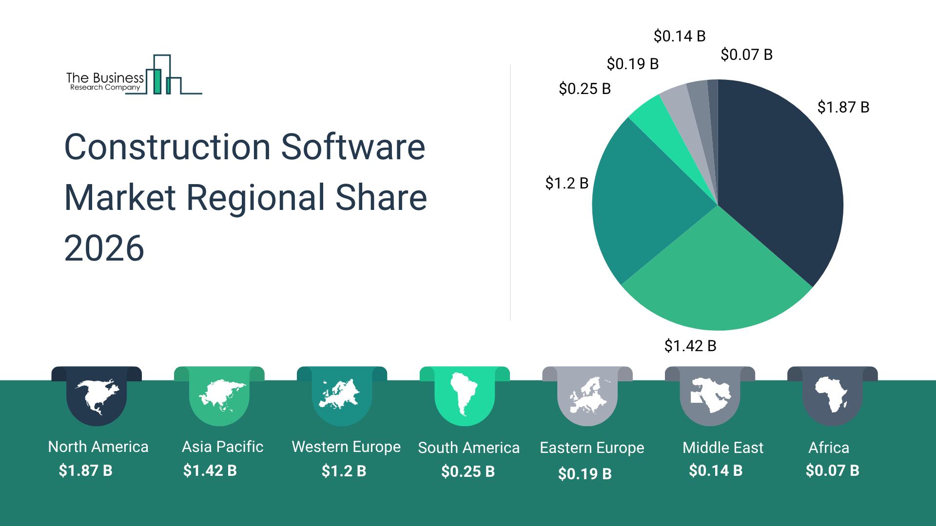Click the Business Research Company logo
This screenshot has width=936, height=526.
click(134, 75)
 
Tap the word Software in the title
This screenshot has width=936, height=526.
click(353, 147)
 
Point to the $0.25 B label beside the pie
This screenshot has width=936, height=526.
click(585, 89)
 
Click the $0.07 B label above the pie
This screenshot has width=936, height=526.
click(746, 55)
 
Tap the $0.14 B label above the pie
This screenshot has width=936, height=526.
click(679, 36)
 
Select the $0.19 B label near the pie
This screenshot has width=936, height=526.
click(632, 64)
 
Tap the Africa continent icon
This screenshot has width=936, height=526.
click(832, 394)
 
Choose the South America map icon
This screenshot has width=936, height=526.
click(464, 394)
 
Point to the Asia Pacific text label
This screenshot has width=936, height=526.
click(222, 447)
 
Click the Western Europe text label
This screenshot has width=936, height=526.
click(346, 447)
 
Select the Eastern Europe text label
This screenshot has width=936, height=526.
click(592, 448)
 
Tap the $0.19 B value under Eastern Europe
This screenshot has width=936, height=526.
click(585, 473)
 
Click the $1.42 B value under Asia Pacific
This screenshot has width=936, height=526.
click(210, 470)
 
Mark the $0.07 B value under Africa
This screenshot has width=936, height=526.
click(832, 470)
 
